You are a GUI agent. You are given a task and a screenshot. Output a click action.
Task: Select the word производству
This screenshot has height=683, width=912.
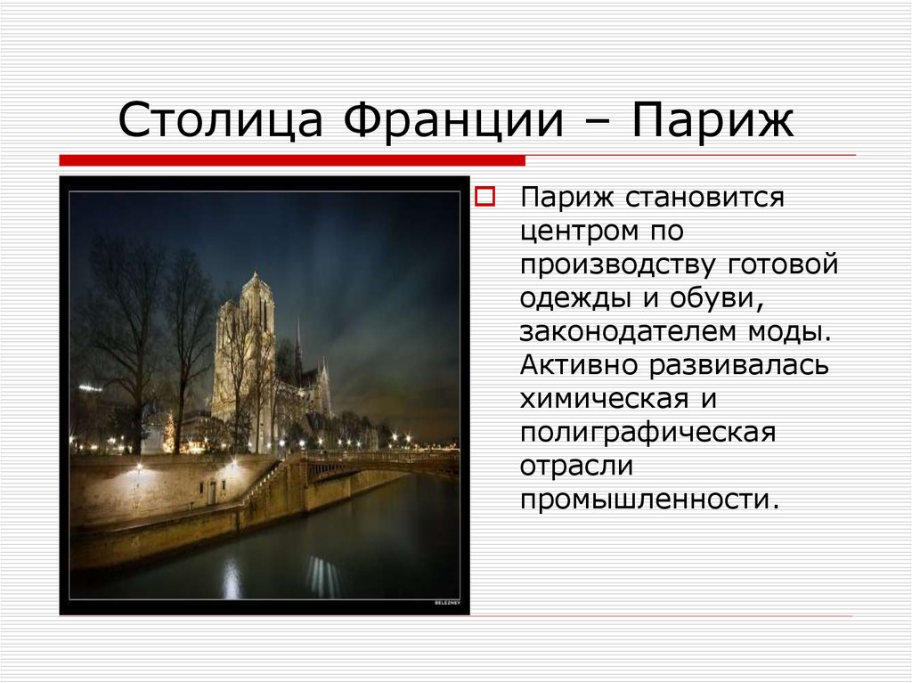(619, 264)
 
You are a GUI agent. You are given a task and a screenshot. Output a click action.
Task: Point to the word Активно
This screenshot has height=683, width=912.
(578, 365)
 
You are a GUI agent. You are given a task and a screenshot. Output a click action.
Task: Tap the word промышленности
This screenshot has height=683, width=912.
(648, 499)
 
